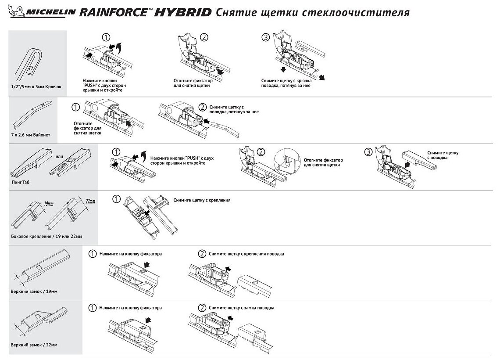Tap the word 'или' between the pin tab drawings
point(60,155)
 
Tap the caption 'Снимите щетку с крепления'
point(202,200)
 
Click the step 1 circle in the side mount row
point(116,200)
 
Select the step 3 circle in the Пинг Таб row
point(369,152)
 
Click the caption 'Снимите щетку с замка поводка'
point(242,308)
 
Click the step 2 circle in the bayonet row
point(202,107)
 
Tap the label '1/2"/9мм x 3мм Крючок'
point(38,86)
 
